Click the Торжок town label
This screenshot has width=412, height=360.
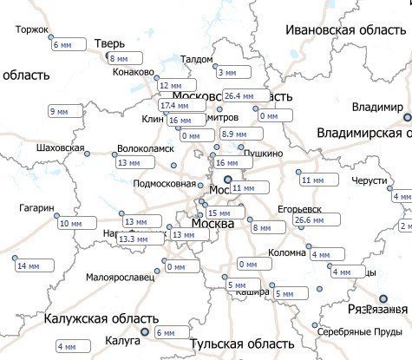coord(32,29)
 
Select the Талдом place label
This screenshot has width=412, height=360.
coord(197,60)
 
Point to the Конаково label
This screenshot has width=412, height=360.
coord(133,72)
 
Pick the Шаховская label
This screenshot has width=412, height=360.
coord(61,148)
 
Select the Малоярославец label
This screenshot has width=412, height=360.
coord(121,278)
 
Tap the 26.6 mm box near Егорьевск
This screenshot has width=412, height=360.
coord(314,220)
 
